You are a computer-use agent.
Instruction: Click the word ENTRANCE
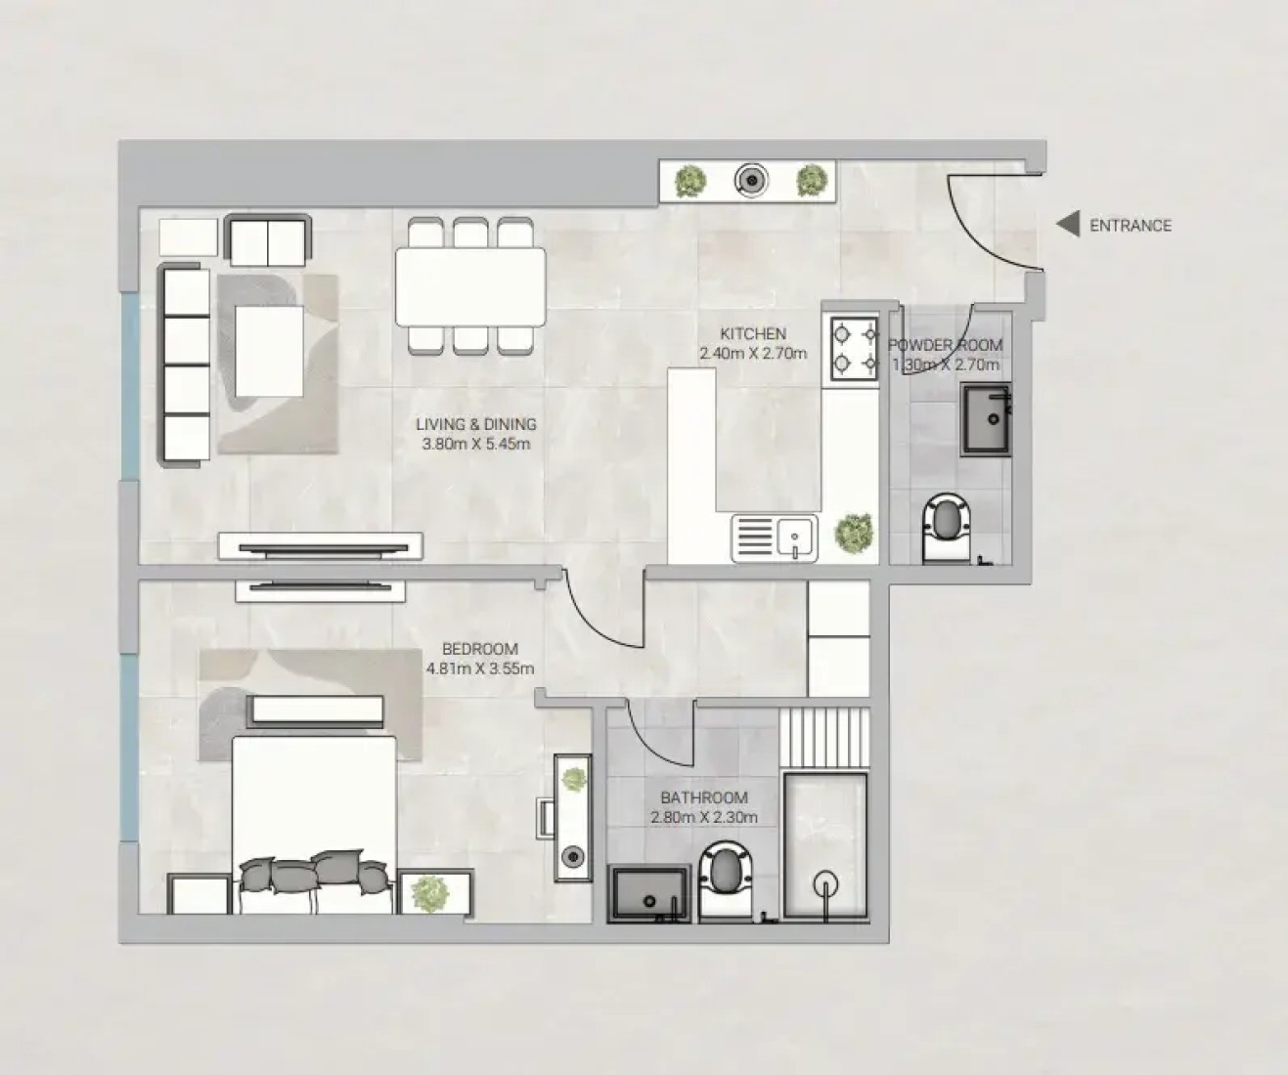[x=1131, y=226]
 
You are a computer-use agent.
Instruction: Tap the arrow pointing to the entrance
[x=1068, y=224]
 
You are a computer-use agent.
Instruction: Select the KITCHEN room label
[x=753, y=333]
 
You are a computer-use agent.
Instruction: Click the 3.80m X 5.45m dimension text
[x=475, y=444]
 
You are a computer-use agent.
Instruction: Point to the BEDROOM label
[x=480, y=649]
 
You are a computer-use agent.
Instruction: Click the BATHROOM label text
[x=704, y=797]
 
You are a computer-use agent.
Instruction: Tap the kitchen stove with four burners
[x=855, y=349]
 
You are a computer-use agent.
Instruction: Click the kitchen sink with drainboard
[x=775, y=538]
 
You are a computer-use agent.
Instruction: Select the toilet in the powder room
[x=946, y=528]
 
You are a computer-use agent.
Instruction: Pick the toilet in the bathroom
[x=729, y=882]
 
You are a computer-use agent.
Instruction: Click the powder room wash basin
[x=985, y=419]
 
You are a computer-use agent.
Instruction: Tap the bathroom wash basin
[x=648, y=894]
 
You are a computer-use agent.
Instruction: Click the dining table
[x=470, y=286]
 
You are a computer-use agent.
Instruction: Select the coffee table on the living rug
[x=269, y=352]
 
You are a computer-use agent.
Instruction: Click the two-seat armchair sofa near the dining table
[x=268, y=239]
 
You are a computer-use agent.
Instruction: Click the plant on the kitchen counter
[x=853, y=534]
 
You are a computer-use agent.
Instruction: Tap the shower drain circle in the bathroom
[x=825, y=884]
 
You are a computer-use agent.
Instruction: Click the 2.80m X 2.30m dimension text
[x=704, y=818]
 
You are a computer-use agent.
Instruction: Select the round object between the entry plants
[x=751, y=181]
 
